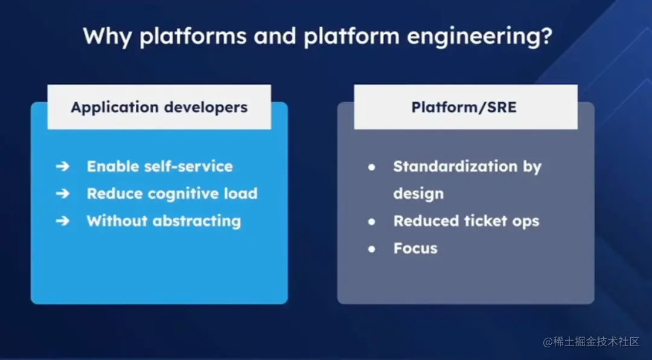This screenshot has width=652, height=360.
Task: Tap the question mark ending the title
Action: pyautogui.click(x=546, y=36)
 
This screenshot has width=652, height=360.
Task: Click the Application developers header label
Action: pyautogui.click(x=159, y=108)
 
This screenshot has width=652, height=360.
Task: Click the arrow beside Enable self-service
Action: pyautogui.click(x=63, y=167)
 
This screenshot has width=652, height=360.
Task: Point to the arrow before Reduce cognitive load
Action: pyautogui.click(x=63, y=194)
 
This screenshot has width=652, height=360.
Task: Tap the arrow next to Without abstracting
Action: pyautogui.click(x=63, y=221)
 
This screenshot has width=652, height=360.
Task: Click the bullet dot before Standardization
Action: pyautogui.click(x=372, y=167)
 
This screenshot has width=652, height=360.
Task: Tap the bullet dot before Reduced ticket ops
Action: pyautogui.click(x=372, y=221)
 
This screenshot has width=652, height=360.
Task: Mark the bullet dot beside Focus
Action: pyautogui.click(x=372, y=248)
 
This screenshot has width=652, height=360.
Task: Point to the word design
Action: pyautogui.click(x=418, y=194)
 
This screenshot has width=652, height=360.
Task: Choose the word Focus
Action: pyautogui.click(x=415, y=248)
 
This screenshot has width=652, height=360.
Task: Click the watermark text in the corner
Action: pyautogui.click(x=591, y=342)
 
